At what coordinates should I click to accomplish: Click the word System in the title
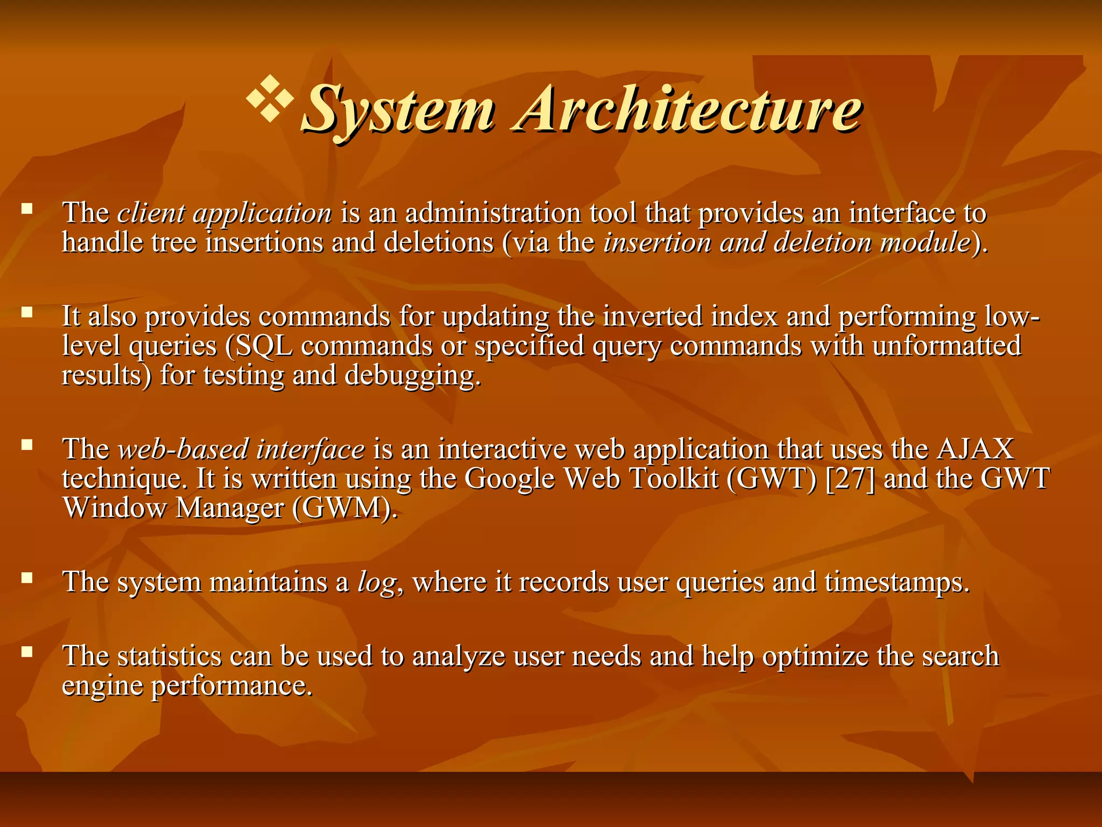point(397,110)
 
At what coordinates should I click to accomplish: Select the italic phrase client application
point(224,213)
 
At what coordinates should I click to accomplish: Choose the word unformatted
point(946,346)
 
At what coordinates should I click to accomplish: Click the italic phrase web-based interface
point(241,449)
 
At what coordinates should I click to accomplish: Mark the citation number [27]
point(850,478)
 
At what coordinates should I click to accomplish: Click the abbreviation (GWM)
point(345,508)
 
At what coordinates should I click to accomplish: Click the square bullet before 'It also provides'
point(27,312)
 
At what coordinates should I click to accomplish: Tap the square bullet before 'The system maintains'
point(27,578)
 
